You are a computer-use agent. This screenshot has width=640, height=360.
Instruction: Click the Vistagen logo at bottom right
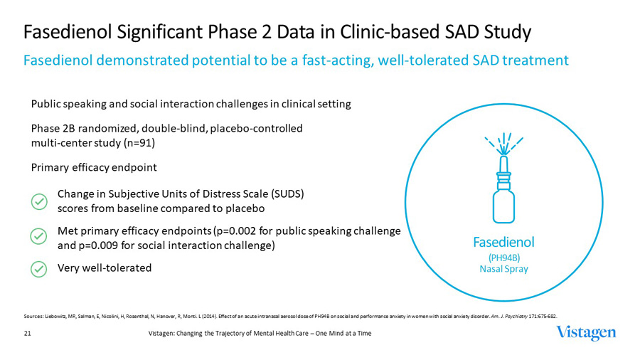[x=587, y=333]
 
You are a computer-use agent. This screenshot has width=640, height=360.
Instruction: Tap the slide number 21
[x=27, y=333]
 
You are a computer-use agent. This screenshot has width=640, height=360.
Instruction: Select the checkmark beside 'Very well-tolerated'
[x=39, y=269]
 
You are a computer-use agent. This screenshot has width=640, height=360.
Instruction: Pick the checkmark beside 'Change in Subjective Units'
[x=39, y=201]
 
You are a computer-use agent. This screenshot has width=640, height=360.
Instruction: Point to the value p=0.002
[x=262, y=232]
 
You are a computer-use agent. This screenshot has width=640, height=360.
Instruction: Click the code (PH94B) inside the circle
[x=503, y=257]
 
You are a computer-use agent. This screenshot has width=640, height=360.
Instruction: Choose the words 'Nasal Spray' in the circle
[x=503, y=269]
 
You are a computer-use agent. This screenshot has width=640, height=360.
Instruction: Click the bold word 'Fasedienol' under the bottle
[x=503, y=242]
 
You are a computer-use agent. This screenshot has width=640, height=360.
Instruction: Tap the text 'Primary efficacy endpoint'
[x=94, y=168]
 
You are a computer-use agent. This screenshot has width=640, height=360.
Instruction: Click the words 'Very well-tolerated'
[x=104, y=268]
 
